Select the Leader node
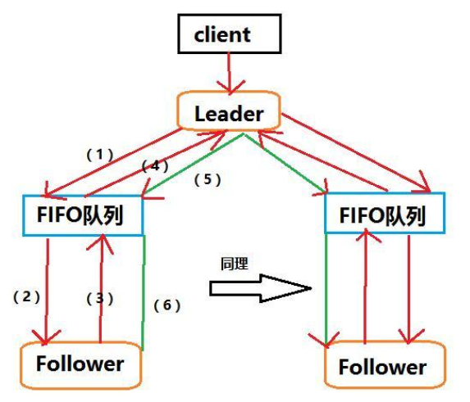230,114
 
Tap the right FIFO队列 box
385,215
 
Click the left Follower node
80,363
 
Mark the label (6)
166,305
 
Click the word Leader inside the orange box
230,114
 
